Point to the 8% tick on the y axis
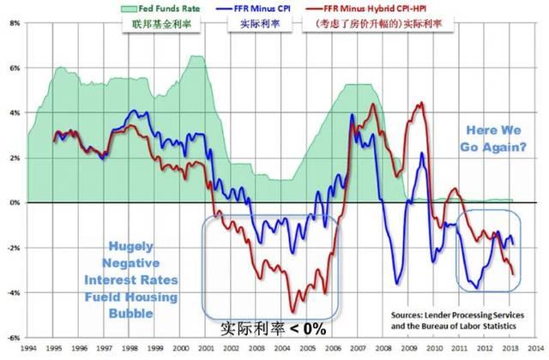[15, 23]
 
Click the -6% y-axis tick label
[15, 338]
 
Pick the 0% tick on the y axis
[15, 203]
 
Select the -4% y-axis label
[15, 293]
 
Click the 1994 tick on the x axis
[27, 349]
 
